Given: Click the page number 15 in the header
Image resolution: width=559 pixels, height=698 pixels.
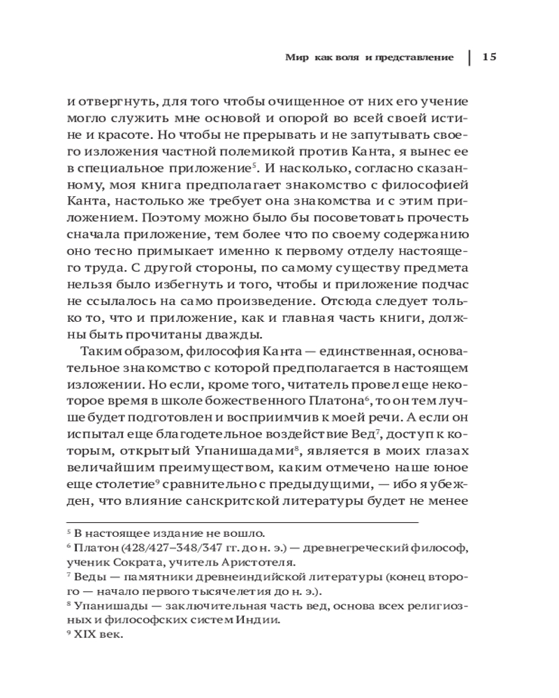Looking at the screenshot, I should tap(488, 57).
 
